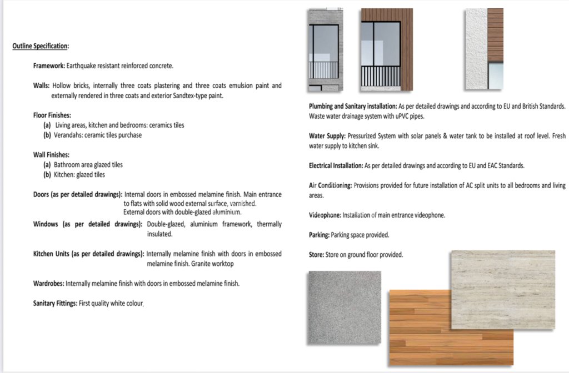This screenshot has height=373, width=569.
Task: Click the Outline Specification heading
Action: click(x=41, y=46)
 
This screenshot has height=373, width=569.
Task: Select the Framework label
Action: click(x=49, y=65)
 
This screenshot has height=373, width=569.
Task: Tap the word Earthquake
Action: click(x=82, y=65)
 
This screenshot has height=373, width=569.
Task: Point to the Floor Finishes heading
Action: click(x=52, y=115)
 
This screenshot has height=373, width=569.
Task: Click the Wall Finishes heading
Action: click(x=51, y=155)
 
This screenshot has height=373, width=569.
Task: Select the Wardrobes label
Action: click(x=48, y=284)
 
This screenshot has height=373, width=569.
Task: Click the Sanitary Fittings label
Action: click(x=55, y=304)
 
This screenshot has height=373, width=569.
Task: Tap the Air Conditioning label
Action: click(x=330, y=185)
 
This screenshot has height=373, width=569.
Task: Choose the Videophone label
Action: click(x=325, y=215)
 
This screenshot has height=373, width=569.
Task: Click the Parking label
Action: click(x=319, y=235)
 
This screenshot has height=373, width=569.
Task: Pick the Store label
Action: click(x=316, y=255)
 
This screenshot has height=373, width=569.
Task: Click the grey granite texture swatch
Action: click(x=345, y=307)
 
